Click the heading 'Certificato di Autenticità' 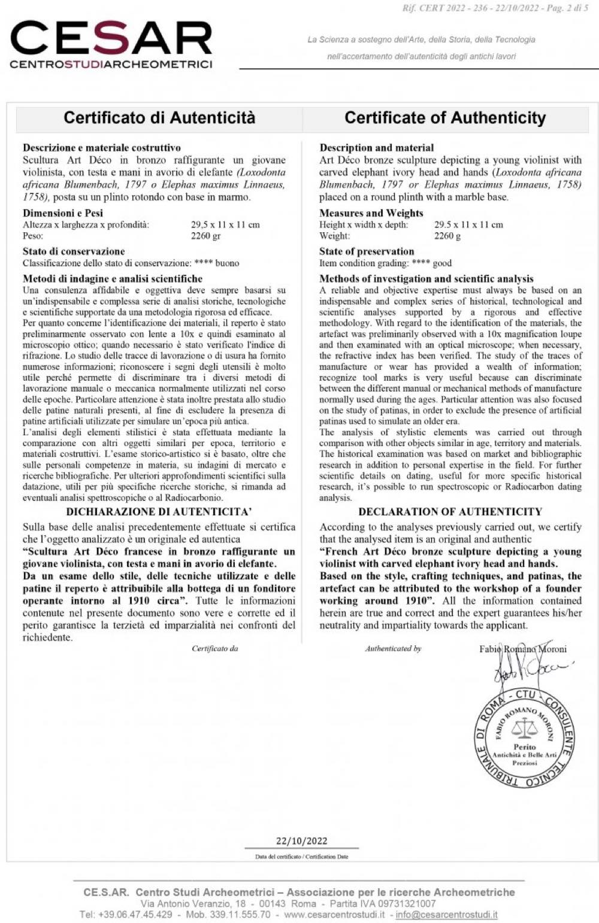pyautogui.click(x=159, y=117)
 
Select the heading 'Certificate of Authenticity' pyautogui.click(x=445, y=117)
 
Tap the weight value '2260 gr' pyautogui.click(x=206, y=236)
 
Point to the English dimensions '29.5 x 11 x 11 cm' pyautogui.click(x=468, y=224)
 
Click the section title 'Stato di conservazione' pyautogui.click(x=74, y=251)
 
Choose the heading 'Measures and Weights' pyautogui.click(x=371, y=213)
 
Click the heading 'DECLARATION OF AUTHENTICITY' pyautogui.click(x=450, y=512)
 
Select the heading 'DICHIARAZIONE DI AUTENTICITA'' pyautogui.click(x=159, y=512)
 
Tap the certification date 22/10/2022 pyautogui.click(x=301, y=841)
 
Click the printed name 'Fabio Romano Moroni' pyautogui.click(x=522, y=649)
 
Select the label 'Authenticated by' pyautogui.click(x=393, y=648)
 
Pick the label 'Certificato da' pyautogui.click(x=215, y=648)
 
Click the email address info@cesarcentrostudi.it pyautogui.click(x=446, y=915)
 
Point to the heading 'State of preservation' pyautogui.click(x=367, y=251)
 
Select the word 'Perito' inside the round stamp pyautogui.click(x=524, y=746)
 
